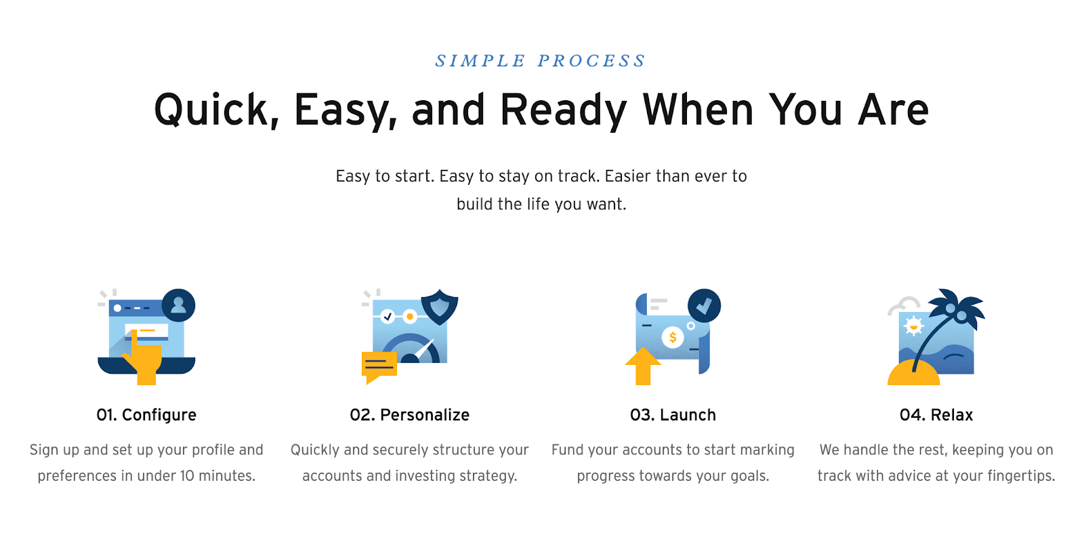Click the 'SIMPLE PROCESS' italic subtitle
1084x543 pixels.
(x=541, y=61)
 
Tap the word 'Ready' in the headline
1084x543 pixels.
(x=564, y=111)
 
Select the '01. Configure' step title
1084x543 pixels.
(x=146, y=415)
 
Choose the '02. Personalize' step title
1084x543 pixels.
(x=409, y=415)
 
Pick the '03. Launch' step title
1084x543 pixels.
(x=673, y=415)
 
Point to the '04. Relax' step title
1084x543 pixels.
(x=936, y=415)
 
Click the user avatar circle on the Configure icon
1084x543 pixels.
(x=179, y=305)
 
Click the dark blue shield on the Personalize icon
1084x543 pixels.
(x=440, y=307)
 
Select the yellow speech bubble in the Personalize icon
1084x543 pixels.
(x=379, y=367)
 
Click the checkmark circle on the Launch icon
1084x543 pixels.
(x=704, y=305)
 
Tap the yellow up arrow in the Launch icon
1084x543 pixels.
(x=643, y=366)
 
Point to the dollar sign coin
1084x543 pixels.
(x=673, y=337)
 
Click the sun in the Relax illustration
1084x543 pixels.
(x=914, y=326)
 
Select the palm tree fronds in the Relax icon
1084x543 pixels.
(x=956, y=309)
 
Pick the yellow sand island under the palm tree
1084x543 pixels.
(x=914, y=373)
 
